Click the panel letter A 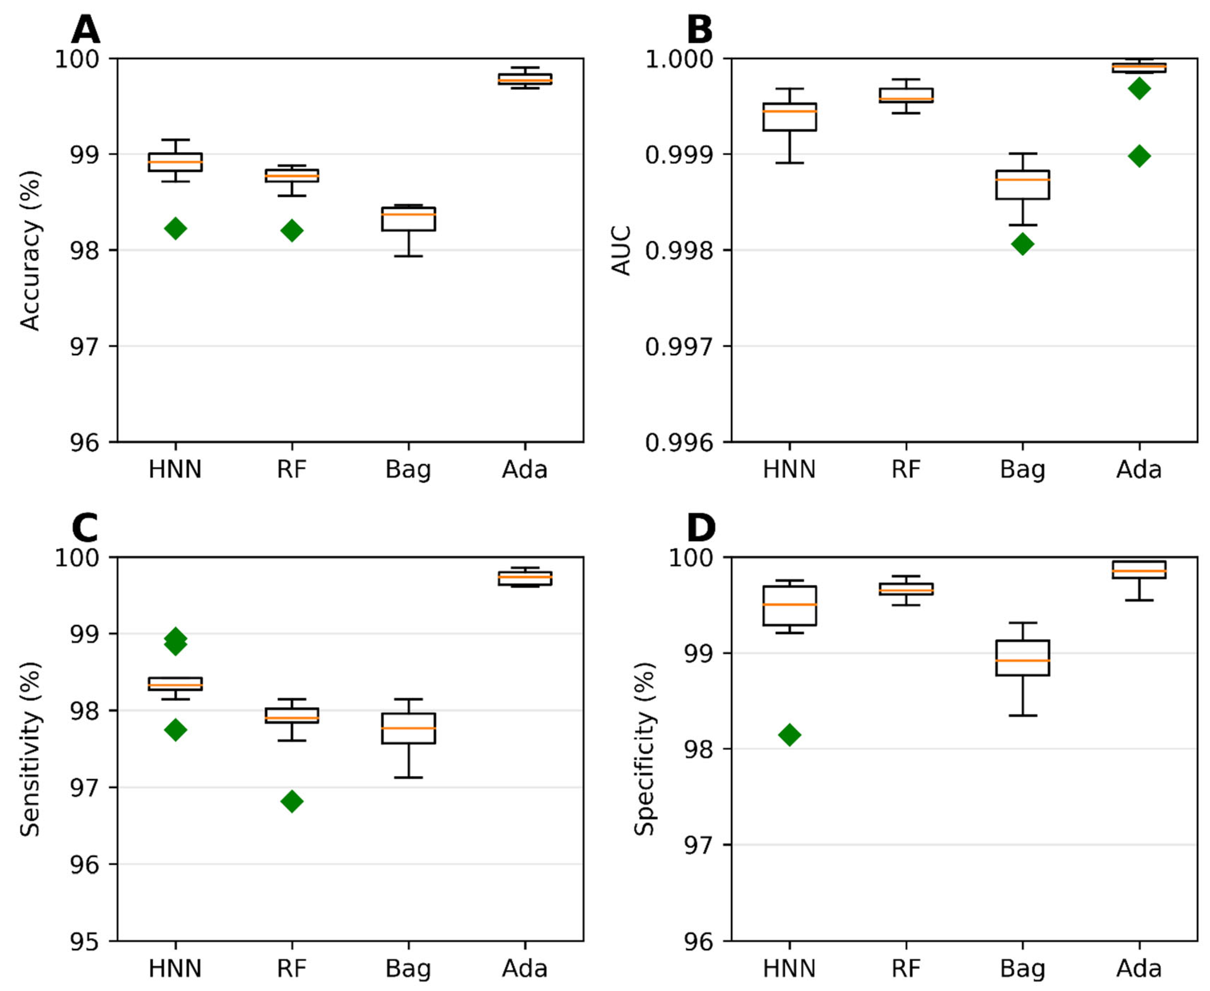pyautogui.click(x=85, y=30)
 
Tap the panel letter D pyautogui.click(x=701, y=528)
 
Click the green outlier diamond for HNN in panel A pyautogui.click(x=175, y=229)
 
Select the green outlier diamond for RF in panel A pyautogui.click(x=292, y=231)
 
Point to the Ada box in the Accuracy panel pyautogui.click(x=525, y=79)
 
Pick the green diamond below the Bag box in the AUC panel pyautogui.click(x=1023, y=244)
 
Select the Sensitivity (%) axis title pyautogui.click(x=30, y=749)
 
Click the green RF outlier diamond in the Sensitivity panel pyautogui.click(x=292, y=802)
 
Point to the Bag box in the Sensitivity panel pyautogui.click(x=408, y=728)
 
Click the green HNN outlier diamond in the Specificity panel pyautogui.click(x=790, y=735)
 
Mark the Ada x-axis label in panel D pyautogui.click(x=1139, y=968)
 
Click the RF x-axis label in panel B pyautogui.click(x=906, y=470)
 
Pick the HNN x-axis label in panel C pyautogui.click(x=175, y=968)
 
